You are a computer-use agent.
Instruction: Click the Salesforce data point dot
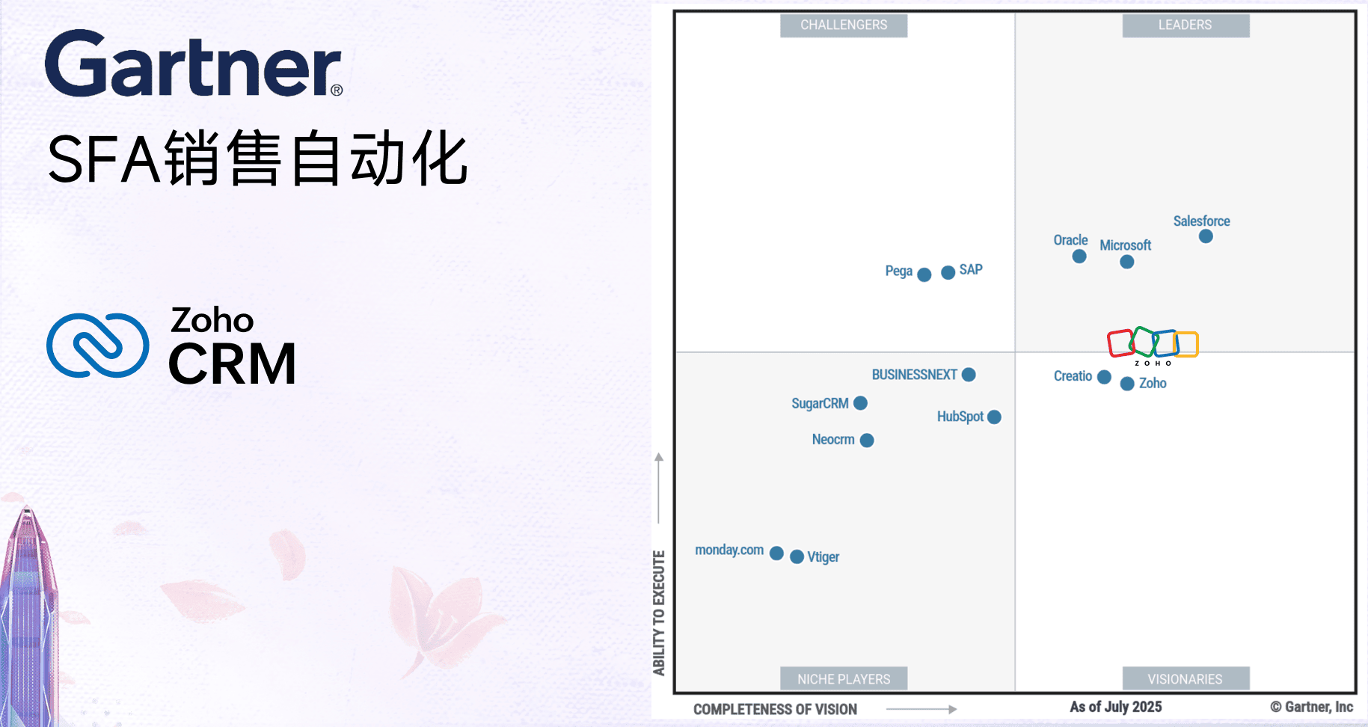point(1206,236)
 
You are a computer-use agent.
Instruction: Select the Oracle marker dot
point(1079,257)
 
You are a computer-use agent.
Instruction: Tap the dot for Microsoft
point(1127,262)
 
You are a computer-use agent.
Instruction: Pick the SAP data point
point(948,272)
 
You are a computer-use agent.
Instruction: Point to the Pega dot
point(924,274)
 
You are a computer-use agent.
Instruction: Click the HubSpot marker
point(994,417)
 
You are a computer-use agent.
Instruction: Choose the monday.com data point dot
point(776,553)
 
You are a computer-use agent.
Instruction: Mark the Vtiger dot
point(797,556)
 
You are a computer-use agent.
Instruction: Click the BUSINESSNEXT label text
point(914,375)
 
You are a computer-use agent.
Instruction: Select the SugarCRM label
point(820,403)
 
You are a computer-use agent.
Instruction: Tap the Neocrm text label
point(833,440)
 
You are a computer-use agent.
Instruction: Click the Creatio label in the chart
point(1073,376)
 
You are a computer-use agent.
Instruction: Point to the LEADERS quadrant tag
point(1186,25)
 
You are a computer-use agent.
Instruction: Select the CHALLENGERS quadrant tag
point(844,25)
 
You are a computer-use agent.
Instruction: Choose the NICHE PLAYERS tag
point(844,678)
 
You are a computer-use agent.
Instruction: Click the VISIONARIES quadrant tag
point(1186,678)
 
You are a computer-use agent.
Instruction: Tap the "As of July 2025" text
point(1116,707)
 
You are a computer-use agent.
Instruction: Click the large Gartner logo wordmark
point(194,64)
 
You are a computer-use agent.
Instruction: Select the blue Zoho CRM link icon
point(98,345)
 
